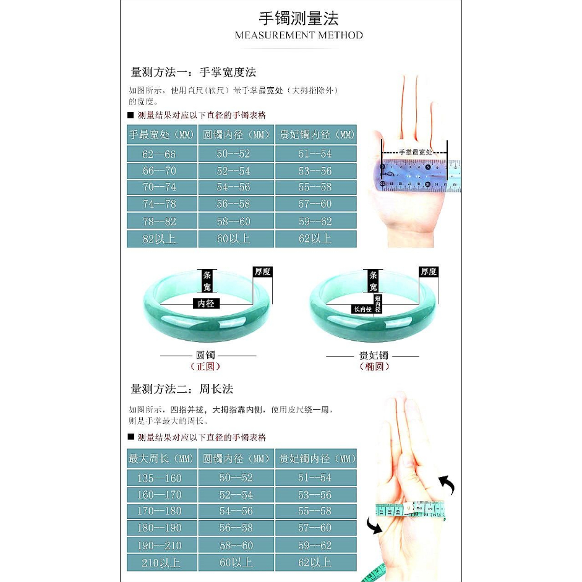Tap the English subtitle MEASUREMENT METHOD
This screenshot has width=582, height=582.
tap(299, 35)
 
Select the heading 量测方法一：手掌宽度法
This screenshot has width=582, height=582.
tap(194, 72)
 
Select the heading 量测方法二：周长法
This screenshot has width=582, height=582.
tap(182, 390)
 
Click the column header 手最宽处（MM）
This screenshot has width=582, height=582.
tap(161, 135)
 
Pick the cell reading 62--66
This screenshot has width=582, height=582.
tap(161, 154)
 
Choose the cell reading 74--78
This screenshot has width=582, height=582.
tap(161, 204)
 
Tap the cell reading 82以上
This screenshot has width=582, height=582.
tap(161, 239)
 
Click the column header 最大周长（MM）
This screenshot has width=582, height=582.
tap(161, 459)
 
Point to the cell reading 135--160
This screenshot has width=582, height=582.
tap(161, 477)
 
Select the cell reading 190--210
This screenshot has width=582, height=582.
tap(161, 546)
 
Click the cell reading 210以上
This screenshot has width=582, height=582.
tap(161, 563)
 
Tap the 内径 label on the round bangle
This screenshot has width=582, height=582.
tap(206, 304)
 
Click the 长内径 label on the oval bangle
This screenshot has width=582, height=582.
tap(362, 309)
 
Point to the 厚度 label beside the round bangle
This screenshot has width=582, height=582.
tap(262, 272)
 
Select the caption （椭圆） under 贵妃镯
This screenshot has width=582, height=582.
tap(375, 366)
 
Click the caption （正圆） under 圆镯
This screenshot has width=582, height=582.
tap(208, 366)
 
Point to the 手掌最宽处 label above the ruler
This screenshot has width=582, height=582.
tap(415, 152)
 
